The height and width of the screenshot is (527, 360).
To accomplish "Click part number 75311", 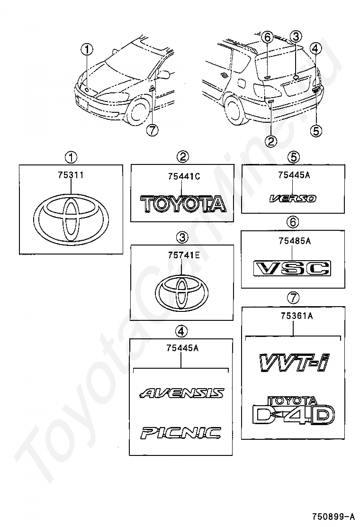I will click(70, 175).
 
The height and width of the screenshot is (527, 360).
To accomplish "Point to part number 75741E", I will click(181, 256).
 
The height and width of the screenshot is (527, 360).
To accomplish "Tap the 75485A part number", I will click(294, 242).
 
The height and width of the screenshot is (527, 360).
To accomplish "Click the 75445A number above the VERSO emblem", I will click(294, 175).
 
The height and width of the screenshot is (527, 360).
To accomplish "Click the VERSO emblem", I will click(292, 199).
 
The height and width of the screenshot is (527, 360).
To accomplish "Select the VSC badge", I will click(292, 268).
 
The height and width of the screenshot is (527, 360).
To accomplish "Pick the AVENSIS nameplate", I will click(182, 393).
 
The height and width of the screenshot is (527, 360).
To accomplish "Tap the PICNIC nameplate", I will click(180, 432).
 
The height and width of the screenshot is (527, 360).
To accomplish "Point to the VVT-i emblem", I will click(294, 363).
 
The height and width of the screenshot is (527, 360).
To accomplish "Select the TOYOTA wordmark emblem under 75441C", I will click(184, 204).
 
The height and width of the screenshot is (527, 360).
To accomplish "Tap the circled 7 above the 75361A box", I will click(294, 298).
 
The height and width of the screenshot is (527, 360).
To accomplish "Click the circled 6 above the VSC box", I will click(294, 222).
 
